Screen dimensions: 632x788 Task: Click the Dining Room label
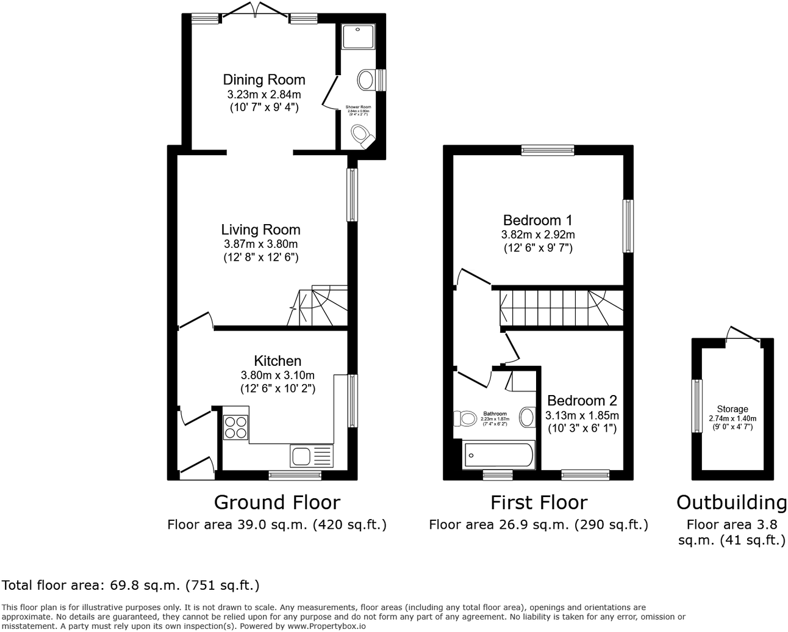coord(263,79)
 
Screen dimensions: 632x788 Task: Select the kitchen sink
coord(312,456)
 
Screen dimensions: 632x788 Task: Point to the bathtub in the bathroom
coord(499,456)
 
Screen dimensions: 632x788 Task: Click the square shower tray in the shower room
coord(356,37)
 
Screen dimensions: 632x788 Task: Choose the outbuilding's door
coord(743,336)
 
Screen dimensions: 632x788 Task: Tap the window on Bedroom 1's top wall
coord(548,150)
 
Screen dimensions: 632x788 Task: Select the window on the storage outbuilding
coord(696,405)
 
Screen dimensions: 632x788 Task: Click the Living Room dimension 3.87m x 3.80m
coord(260,244)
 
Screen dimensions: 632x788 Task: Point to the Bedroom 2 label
coord(582,401)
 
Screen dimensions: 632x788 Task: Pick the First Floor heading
coord(539,503)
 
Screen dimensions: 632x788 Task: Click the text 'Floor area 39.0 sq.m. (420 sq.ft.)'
coord(277,525)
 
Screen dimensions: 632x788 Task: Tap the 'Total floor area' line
coord(131,586)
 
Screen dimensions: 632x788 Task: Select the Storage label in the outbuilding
coord(732,409)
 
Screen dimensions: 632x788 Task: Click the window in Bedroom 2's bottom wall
coord(585,473)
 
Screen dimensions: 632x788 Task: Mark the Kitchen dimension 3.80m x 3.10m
coord(278,375)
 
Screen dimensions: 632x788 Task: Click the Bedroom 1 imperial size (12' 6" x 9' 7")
coord(538,248)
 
